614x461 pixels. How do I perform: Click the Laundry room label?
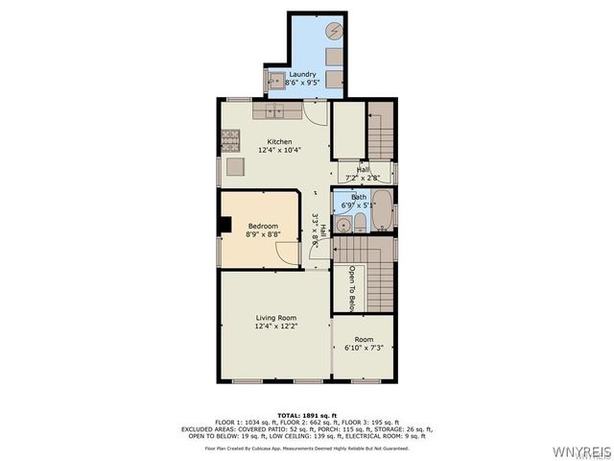[x=302, y=74]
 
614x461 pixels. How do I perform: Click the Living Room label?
[x=275, y=318]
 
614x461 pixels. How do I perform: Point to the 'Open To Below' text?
[x=352, y=288]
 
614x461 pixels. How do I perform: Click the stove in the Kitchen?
[x=230, y=140]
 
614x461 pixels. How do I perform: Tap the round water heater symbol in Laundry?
[x=333, y=32]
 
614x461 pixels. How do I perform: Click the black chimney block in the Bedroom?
[x=224, y=225]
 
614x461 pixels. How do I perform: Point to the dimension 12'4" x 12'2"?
[x=275, y=327]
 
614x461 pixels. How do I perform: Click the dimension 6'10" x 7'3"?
[x=364, y=348]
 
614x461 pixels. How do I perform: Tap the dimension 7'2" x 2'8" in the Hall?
[x=364, y=178]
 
